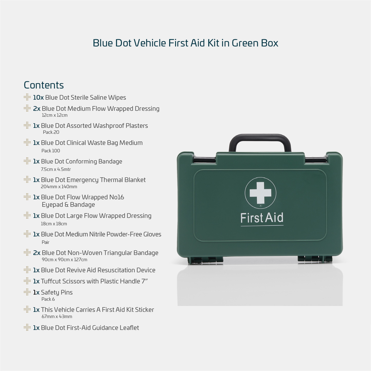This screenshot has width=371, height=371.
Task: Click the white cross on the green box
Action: click(x=260, y=193)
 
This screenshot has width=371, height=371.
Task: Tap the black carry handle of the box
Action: click(x=260, y=137)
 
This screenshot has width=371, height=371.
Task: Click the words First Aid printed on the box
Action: click(x=262, y=218)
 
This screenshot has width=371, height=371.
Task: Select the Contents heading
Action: click(x=44, y=85)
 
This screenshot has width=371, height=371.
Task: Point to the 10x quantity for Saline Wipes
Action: click(x=38, y=97)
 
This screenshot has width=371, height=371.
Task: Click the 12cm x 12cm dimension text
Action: click(x=54, y=115)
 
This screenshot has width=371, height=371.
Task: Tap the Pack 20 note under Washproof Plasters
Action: click(x=51, y=132)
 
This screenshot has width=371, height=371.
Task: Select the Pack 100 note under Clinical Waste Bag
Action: click(x=51, y=150)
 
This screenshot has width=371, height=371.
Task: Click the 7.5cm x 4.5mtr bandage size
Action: click(x=56, y=169)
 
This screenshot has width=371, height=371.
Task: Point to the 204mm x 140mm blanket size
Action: click(x=59, y=187)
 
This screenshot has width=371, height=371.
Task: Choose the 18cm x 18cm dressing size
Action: click(x=54, y=224)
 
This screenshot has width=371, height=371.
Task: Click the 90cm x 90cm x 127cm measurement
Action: click(x=64, y=260)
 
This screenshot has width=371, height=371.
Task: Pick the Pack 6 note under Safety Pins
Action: click(x=48, y=299)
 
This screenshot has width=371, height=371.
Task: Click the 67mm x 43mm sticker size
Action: click(x=57, y=316)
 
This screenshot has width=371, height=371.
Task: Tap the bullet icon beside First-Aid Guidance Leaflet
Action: click(x=27, y=327)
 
